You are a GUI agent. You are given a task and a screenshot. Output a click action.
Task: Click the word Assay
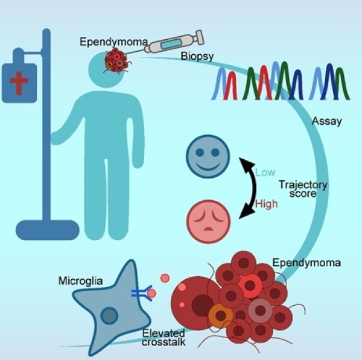tap(327, 121)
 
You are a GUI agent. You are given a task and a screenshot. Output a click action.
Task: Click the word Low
tap(265, 172)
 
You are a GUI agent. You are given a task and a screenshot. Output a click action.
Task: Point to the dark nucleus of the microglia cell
tap(109, 315)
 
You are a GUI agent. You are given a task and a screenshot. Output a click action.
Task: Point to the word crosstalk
tap(162, 342)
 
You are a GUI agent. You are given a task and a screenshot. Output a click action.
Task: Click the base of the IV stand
tap(47, 230)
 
